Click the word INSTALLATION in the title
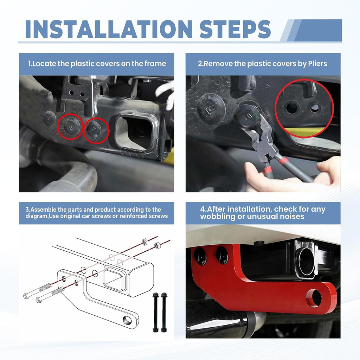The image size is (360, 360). coord(109,29)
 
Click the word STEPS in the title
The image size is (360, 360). coord(235,29)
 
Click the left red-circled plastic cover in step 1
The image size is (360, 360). coord(70,127)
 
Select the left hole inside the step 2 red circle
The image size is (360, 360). coord(292,108)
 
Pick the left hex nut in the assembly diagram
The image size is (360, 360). coord(144,242)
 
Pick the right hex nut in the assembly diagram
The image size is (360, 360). coord(157,245)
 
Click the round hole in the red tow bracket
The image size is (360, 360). coord(314,298)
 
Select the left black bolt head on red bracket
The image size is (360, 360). coord(200,256)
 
